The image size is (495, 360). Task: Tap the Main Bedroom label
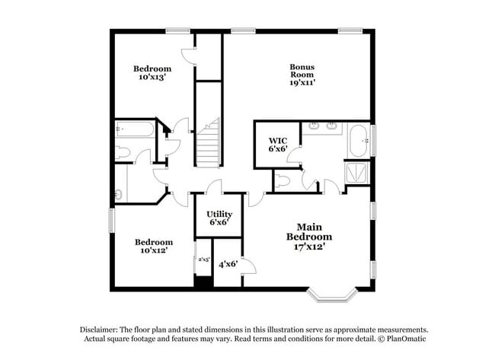pos(309,231)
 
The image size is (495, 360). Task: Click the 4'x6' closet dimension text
pos(228,265)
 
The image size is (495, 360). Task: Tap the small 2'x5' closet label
pos(203,260)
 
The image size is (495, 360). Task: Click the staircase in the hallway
pos(208,145)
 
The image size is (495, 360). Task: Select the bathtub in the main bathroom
pos(358,141)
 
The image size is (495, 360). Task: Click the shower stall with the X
pos(355,173)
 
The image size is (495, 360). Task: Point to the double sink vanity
pos(332,126)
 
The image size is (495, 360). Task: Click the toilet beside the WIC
pos(282,180)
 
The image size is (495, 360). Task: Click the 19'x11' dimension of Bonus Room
pos(302,84)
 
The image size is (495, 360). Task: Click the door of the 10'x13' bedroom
pos(186,56)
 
